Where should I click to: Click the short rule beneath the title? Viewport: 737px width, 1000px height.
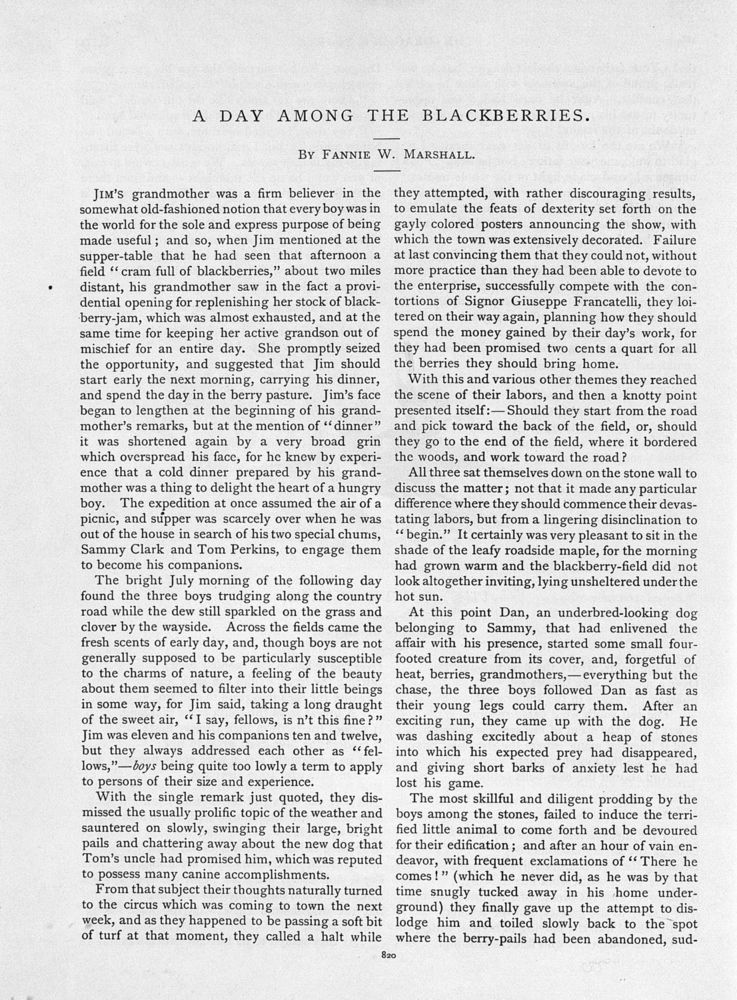386,136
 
